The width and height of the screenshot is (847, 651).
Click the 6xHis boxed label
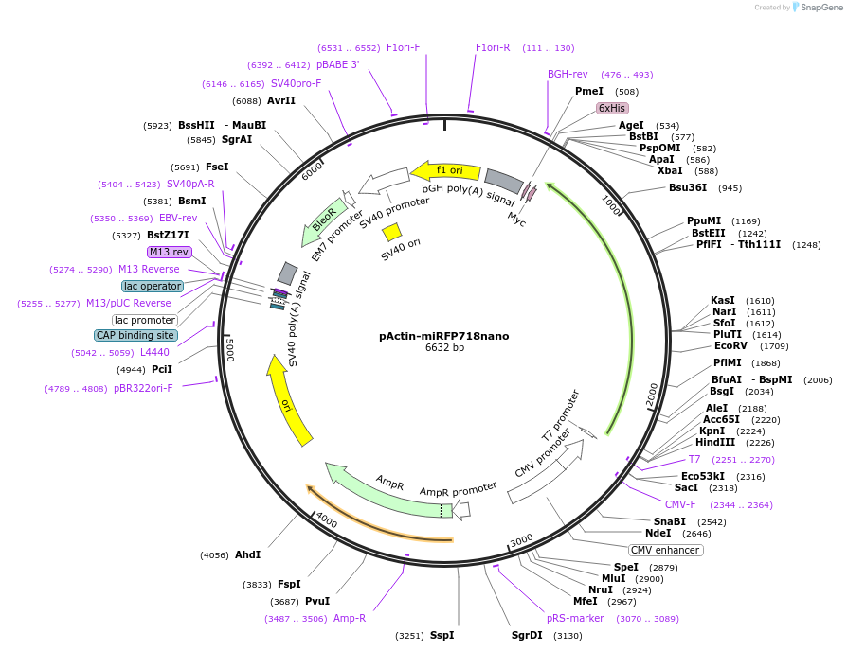[x=612, y=108]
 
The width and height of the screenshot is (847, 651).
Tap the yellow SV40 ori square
[x=391, y=232]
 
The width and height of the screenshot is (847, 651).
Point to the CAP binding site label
[x=135, y=335]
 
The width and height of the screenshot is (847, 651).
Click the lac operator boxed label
[x=152, y=286]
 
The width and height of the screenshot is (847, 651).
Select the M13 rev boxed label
[x=169, y=252]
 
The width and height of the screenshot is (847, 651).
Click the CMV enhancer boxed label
[x=665, y=550]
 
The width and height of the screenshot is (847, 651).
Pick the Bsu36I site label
[x=688, y=187]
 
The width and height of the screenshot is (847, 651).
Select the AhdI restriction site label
[x=247, y=554]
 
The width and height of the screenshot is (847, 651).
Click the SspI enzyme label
[x=442, y=635]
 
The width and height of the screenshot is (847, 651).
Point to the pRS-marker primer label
[x=575, y=618]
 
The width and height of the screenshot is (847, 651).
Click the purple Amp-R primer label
[x=350, y=618]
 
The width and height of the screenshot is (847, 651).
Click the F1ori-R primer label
[x=493, y=47]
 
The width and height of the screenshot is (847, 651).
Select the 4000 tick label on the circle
[x=326, y=519]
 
